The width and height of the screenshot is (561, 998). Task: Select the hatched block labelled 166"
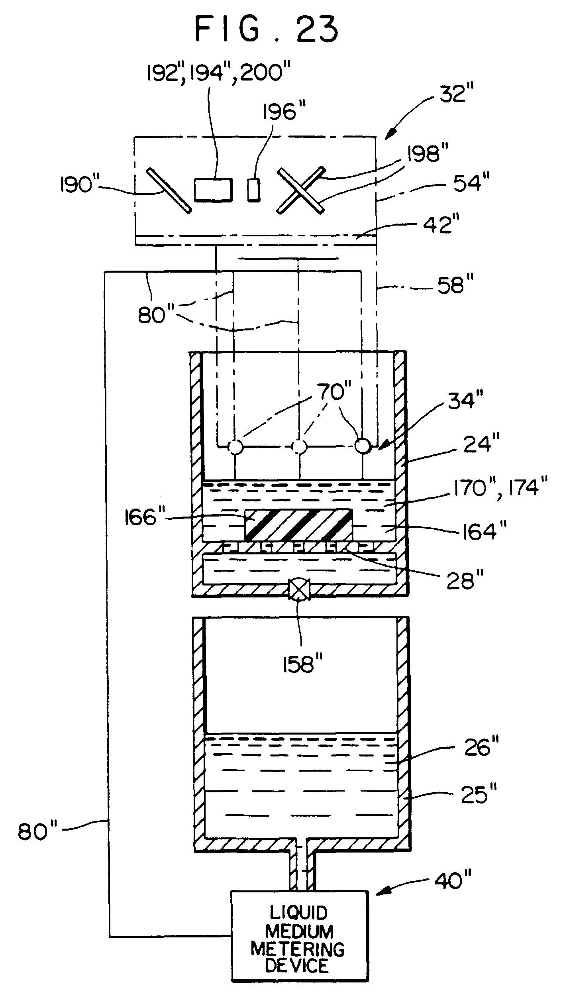(x=298, y=525)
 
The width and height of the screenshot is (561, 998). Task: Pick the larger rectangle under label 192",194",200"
(x=213, y=189)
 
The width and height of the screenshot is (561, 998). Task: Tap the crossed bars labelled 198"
(x=300, y=190)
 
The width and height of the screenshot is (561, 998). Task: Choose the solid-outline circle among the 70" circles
(x=363, y=446)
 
